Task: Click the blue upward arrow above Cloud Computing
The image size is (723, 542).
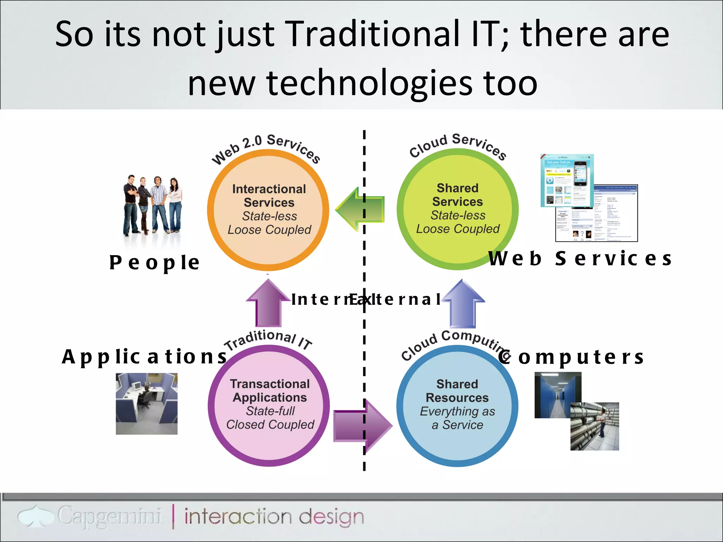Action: pyautogui.click(x=463, y=303)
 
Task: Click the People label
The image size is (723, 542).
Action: pyautogui.click(x=155, y=263)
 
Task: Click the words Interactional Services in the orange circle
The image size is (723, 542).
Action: pyautogui.click(x=269, y=196)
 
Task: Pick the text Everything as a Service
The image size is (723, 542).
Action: pyautogui.click(x=457, y=418)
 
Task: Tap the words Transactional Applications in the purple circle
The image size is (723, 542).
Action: pyautogui.click(x=270, y=391)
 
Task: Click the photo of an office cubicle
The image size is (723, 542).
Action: pyautogui.click(x=147, y=404)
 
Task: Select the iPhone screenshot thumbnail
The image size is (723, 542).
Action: pyautogui.click(x=567, y=180)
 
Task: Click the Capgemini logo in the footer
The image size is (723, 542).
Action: pyautogui.click(x=90, y=517)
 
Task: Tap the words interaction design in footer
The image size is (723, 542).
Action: pyautogui.click(x=274, y=517)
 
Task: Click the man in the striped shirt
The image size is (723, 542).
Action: pyautogui.click(x=159, y=205)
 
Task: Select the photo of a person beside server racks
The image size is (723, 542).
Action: pyautogui.click(x=594, y=426)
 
